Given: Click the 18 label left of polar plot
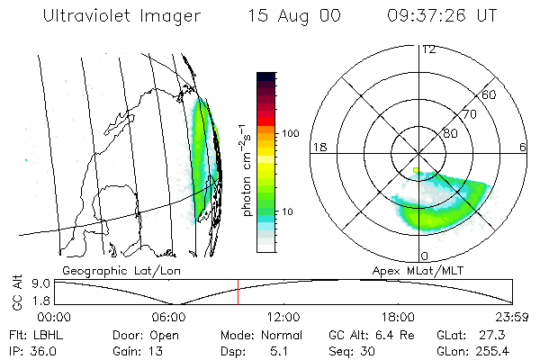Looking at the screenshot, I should tap(318, 147).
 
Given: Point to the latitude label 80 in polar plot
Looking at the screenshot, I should tap(449, 133).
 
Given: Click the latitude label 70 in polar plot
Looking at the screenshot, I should tap(468, 115).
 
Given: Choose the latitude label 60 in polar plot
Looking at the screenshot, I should tap(490, 94).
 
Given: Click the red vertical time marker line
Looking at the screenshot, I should tap(238, 292).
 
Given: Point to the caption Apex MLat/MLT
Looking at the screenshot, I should tap(410, 270).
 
